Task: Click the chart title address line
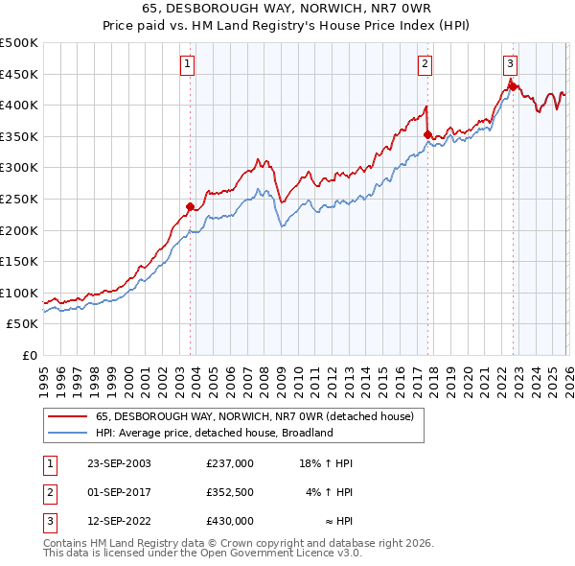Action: click(x=287, y=9)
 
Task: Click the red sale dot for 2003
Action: click(x=191, y=205)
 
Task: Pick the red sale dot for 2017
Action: click(x=427, y=134)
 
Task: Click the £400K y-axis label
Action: click(x=19, y=105)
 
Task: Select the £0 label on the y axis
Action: click(x=29, y=355)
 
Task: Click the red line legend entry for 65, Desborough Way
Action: click(x=254, y=416)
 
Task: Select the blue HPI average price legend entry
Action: click(x=213, y=433)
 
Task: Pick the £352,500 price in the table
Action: click(x=229, y=493)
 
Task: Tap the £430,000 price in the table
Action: click(x=229, y=522)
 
